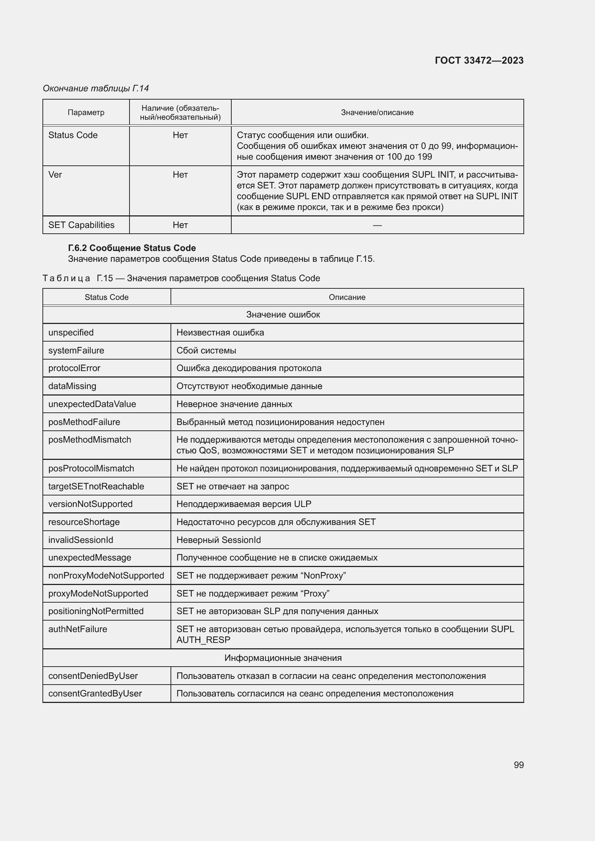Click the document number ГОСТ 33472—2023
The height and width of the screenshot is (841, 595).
point(479,60)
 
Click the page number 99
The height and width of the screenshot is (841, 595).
point(518,765)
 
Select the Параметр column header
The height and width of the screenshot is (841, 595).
point(86,113)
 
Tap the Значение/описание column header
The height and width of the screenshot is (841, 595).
point(377,113)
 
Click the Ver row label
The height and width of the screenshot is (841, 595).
point(55,175)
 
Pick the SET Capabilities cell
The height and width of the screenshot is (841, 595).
point(81,225)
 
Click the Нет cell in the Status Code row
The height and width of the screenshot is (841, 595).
point(180,135)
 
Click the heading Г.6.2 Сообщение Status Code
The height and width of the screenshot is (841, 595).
point(132,248)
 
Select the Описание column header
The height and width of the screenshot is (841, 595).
point(346,297)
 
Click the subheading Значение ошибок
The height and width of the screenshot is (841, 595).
point(283,315)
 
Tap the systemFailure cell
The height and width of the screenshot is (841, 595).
point(76,351)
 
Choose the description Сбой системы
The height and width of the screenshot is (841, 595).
point(206,351)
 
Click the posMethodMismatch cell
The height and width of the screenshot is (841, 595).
point(90,439)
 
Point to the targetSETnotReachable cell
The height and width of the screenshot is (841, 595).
point(96,486)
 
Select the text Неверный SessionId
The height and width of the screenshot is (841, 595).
point(219,540)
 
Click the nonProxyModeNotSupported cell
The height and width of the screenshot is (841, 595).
point(106,575)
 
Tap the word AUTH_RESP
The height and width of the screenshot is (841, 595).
point(203,640)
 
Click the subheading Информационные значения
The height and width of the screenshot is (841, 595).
point(283,658)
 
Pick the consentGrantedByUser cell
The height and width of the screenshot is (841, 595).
point(95,693)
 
